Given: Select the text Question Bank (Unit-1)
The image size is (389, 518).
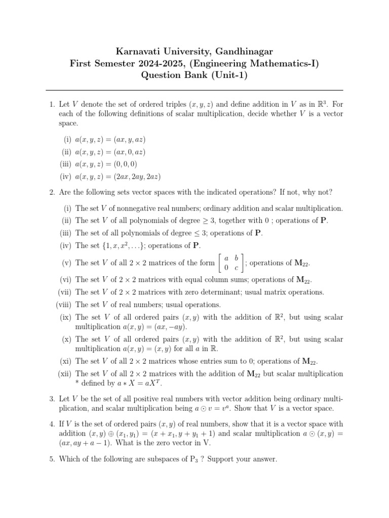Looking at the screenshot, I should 194,76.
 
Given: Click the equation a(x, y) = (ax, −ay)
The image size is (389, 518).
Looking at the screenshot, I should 155,327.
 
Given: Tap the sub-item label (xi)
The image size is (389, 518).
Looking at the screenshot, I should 65,361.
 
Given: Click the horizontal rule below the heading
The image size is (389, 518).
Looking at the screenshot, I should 194,91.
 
